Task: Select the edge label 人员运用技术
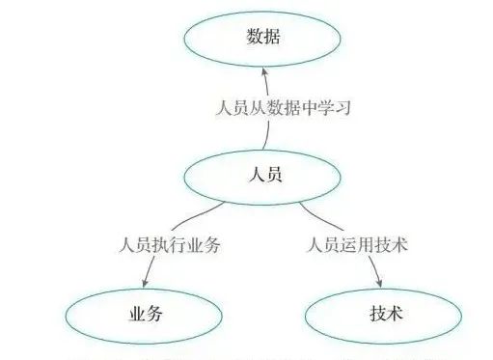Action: [x=356, y=245]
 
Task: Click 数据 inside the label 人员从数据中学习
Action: [x=287, y=107]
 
